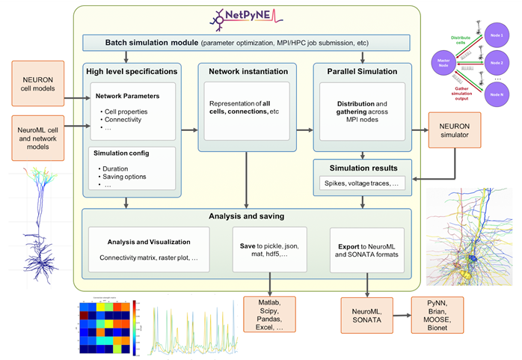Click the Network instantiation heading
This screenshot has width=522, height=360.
coord(246,72)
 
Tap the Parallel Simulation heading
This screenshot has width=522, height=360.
coord(363,72)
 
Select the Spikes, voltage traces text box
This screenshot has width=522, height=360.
coord(363,183)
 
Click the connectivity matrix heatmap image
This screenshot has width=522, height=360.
coord(104,328)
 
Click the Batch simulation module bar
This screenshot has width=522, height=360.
coord(246,43)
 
